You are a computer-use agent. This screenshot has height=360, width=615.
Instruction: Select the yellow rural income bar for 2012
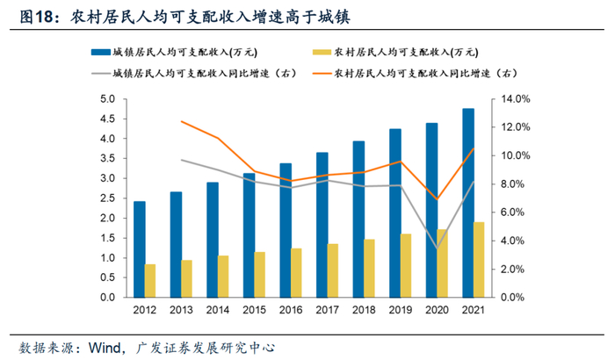[x=150, y=280]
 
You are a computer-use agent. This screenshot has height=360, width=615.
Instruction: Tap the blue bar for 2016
[x=286, y=230]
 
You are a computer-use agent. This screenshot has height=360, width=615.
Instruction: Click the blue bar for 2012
[x=139, y=249]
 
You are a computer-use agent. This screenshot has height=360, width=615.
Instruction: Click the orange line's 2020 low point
[x=438, y=199]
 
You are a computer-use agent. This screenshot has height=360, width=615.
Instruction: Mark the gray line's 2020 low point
[x=438, y=249]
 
